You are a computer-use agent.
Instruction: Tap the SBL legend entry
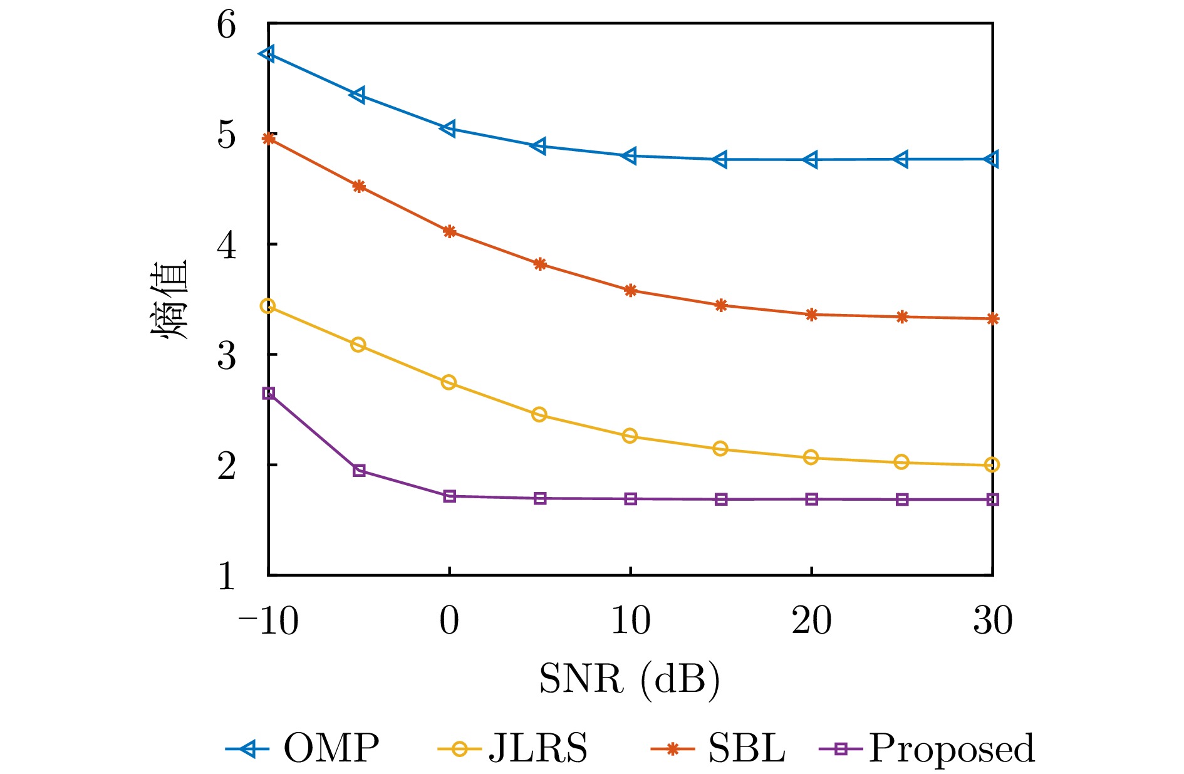click(x=719, y=748)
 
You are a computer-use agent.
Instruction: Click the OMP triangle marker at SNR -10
click(x=268, y=54)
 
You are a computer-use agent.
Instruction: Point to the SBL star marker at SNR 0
click(x=449, y=231)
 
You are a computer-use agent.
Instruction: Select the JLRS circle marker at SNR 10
click(x=630, y=436)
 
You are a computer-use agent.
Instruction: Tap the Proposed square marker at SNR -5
click(x=359, y=471)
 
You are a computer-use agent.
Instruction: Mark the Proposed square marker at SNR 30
click(x=992, y=499)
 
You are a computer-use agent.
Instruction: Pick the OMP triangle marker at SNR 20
click(x=811, y=160)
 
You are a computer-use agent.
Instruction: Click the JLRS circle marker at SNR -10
click(x=268, y=306)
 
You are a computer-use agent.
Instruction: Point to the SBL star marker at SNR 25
click(x=902, y=317)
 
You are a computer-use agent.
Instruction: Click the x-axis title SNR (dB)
click(x=630, y=679)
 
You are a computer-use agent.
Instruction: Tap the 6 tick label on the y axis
click(x=227, y=26)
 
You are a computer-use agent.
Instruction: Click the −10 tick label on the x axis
click(x=268, y=621)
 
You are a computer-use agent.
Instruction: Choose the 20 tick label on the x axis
click(x=811, y=621)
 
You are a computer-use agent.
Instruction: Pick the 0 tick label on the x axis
click(x=449, y=621)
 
